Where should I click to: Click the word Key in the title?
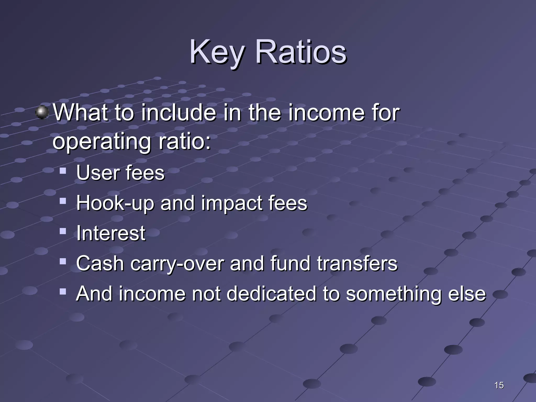click(217, 52)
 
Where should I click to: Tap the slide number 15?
click(499, 385)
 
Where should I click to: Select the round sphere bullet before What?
click(42, 113)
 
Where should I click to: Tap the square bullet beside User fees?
click(63, 171)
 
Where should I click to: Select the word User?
click(98, 173)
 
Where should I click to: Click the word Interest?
click(111, 233)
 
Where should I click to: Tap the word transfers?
click(357, 263)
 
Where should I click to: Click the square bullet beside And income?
click(63, 292)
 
